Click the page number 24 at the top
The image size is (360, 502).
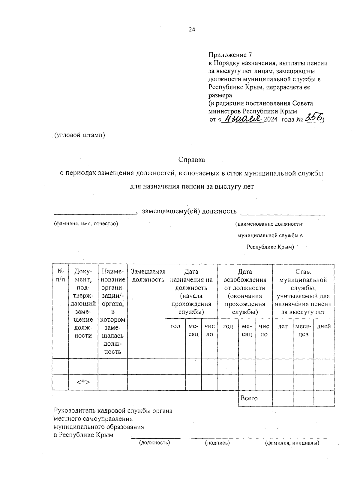(192, 29)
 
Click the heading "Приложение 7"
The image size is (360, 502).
(230, 55)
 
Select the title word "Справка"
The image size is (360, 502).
(192, 160)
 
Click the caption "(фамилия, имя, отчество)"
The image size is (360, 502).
(86, 224)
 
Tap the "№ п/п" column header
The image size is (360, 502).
(60, 275)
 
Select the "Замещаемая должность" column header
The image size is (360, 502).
(148, 275)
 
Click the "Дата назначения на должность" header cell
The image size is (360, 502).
(191, 291)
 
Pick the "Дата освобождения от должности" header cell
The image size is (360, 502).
(245, 291)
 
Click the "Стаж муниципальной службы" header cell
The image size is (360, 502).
(303, 291)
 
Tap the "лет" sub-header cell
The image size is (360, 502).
(283, 326)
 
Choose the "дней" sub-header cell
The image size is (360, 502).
(324, 326)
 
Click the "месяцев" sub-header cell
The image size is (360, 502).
(303, 330)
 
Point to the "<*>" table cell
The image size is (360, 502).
(83, 382)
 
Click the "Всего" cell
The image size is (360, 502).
(249, 398)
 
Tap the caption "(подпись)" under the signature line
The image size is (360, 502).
(217, 443)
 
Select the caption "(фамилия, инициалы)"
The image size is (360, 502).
(292, 443)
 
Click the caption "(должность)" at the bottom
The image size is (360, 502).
(154, 443)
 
